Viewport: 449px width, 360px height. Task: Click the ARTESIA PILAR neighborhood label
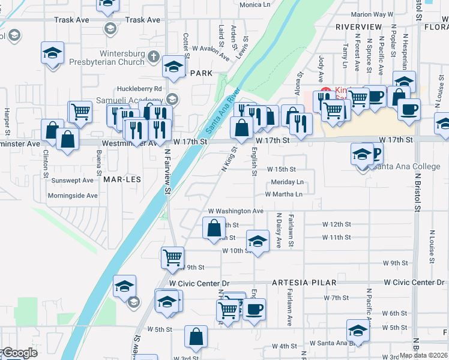(304, 282)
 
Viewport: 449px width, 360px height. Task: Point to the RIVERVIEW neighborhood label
(358, 28)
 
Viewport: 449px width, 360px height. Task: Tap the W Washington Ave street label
(236, 211)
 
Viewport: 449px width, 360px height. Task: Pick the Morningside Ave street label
(73, 196)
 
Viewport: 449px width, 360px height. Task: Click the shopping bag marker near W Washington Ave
(214, 228)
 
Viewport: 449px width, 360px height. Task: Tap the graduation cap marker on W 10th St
(258, 241)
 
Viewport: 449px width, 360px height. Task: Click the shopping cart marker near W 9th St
(173, 257)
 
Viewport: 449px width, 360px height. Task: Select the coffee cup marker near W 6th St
(255, 309)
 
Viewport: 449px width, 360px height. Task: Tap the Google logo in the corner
(20, 353)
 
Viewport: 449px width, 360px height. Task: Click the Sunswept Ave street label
(73, 180)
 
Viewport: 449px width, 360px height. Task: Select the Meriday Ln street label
(287, 182)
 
